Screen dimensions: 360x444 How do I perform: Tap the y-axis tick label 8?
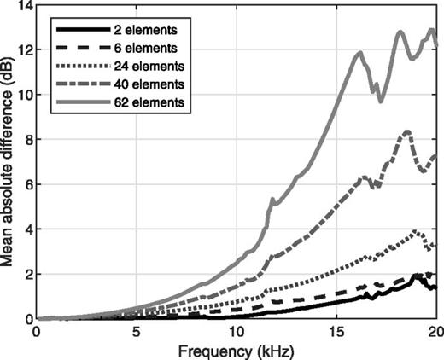pyautogui.click(x=24, y=140)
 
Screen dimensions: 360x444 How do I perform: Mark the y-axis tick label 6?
pyautogui.click(x=24, y=185)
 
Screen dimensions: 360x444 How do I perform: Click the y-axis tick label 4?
pyautogui.click(x=24, y=229)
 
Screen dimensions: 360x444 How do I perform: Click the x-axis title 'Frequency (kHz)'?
pyautogui.click(x=237, y=350)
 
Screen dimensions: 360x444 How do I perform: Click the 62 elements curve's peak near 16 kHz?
pyautogui.click(x=360, y=53)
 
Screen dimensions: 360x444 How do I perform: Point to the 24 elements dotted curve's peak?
pyautogui.click(x=416, y=230)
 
